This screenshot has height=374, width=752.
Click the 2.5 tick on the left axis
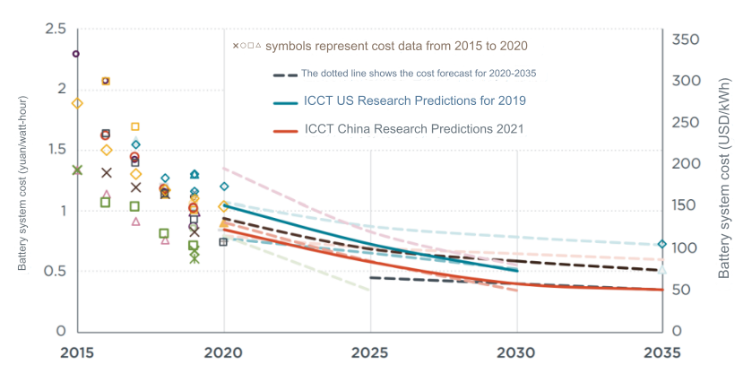point(55,30)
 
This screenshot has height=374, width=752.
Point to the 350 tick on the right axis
point(686,40)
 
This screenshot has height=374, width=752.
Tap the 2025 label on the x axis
point(370,352)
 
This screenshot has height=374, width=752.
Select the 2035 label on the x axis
point(661,352)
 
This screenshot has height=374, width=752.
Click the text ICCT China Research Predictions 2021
point(414,129)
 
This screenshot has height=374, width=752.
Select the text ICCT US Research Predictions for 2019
point(415,100)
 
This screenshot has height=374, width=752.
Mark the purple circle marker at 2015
point(76,54)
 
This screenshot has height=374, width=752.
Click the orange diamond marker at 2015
point(77,103)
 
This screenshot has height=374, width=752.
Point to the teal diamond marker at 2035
point(661,244)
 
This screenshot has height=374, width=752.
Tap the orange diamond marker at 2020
point(224,206)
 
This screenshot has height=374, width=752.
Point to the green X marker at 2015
point(77,170)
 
